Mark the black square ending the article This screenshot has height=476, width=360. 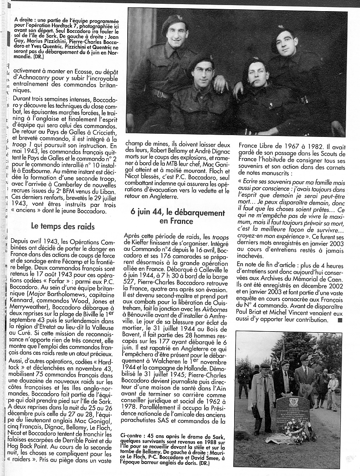tap(340, 320)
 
